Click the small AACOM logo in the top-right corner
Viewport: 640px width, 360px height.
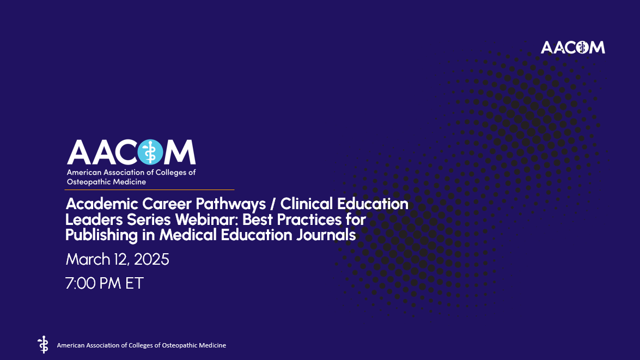coord(572,47)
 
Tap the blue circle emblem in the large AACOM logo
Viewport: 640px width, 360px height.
coord(151,152)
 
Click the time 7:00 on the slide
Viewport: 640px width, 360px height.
coord(81,283)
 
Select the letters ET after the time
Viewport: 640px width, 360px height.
coord(134,283)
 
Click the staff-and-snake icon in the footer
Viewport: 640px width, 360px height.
coord(42,345)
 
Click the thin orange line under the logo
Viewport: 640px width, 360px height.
coord(150,190)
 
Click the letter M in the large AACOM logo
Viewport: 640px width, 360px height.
coord(180,152)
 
